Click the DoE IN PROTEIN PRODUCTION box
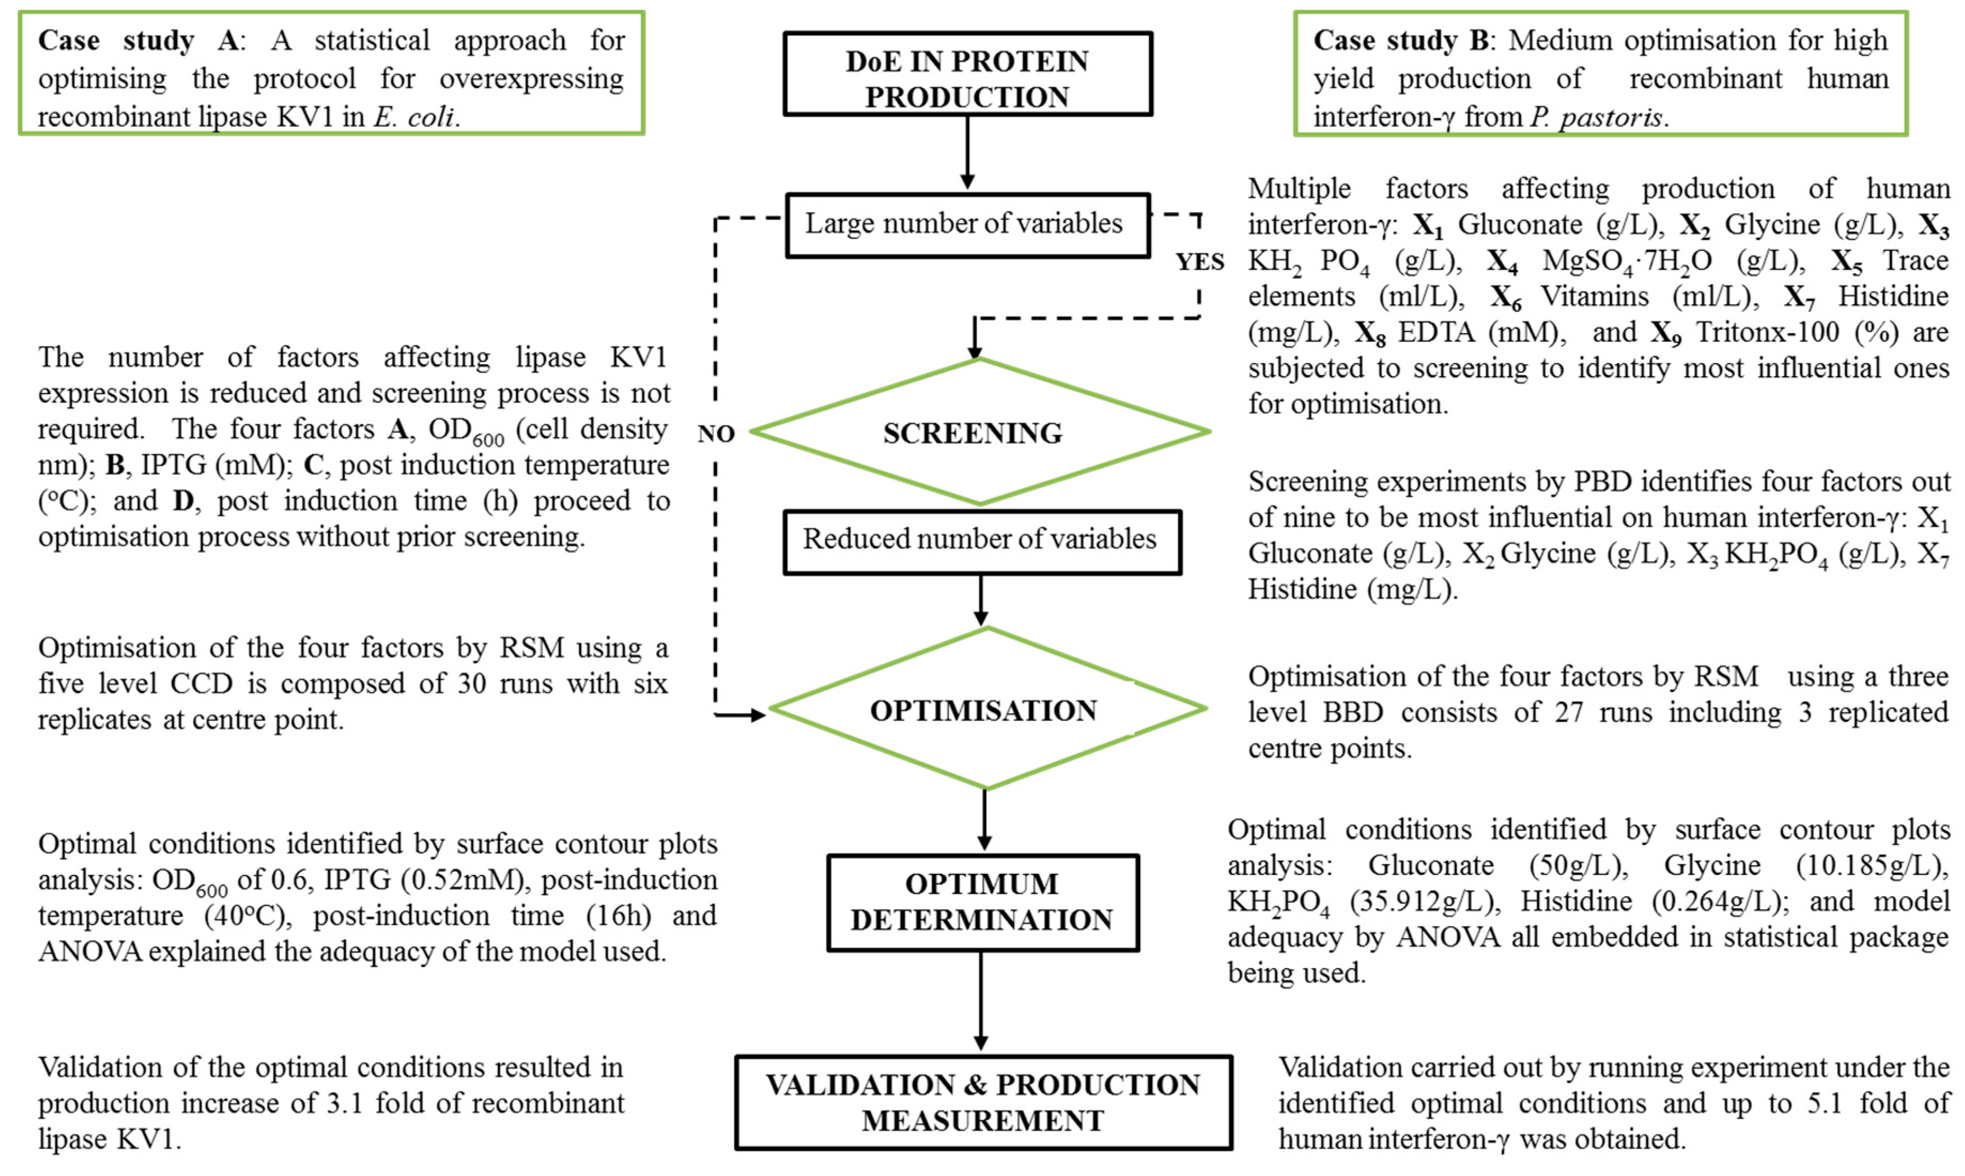pos(967,74)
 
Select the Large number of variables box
pos(967,225)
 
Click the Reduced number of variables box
pos(981,541)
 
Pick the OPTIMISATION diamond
pos(986,709)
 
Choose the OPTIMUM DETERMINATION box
pos(982,902)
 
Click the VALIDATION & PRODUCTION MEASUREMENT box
pos(983,1102)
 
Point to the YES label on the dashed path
pos(1199,262)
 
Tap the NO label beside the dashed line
pos(716,434)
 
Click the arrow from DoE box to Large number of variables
pos(967,153)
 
